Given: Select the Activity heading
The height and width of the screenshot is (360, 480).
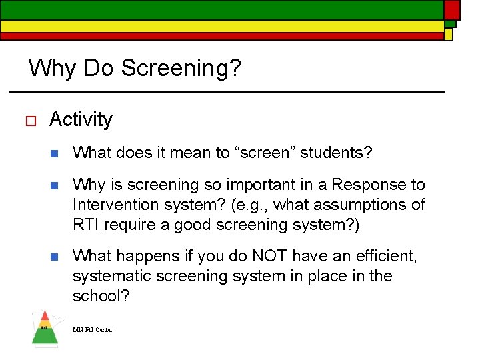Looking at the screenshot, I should pyautogui.click(x=81, y=120).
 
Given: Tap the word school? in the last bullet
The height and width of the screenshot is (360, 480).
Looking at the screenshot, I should pyautogui.click(x=101, y=296).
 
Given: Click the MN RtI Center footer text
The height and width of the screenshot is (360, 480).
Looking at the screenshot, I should pyautogui.click(x=93, y=330).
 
